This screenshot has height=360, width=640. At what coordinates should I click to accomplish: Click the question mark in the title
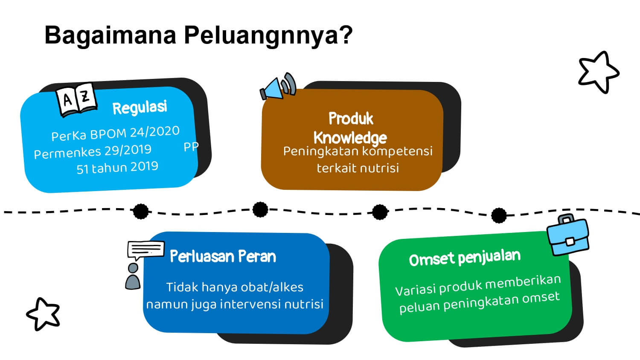coord(346,35)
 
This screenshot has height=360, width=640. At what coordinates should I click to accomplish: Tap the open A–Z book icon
coord(76,100)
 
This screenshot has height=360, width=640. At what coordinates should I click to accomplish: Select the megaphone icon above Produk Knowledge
coord(278,86)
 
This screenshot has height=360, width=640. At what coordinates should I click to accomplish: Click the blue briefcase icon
coord(568,235)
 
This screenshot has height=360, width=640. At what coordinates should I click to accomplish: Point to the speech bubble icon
coord(146,250)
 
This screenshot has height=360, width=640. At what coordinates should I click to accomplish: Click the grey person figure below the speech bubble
coord(133,276)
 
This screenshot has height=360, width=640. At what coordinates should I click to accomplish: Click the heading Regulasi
coord(140,107)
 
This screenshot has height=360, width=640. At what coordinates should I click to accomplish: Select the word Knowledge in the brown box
coord(350,138)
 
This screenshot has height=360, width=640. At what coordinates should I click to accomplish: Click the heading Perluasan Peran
coord(223,256)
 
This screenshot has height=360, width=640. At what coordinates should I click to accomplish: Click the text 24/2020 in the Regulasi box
coord(154,131)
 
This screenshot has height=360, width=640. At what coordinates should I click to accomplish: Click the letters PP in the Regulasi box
coord(191,147)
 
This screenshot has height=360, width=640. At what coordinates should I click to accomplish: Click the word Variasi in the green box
coord(416,290)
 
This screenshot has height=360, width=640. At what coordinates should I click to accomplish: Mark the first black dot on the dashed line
coord(141,212)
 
